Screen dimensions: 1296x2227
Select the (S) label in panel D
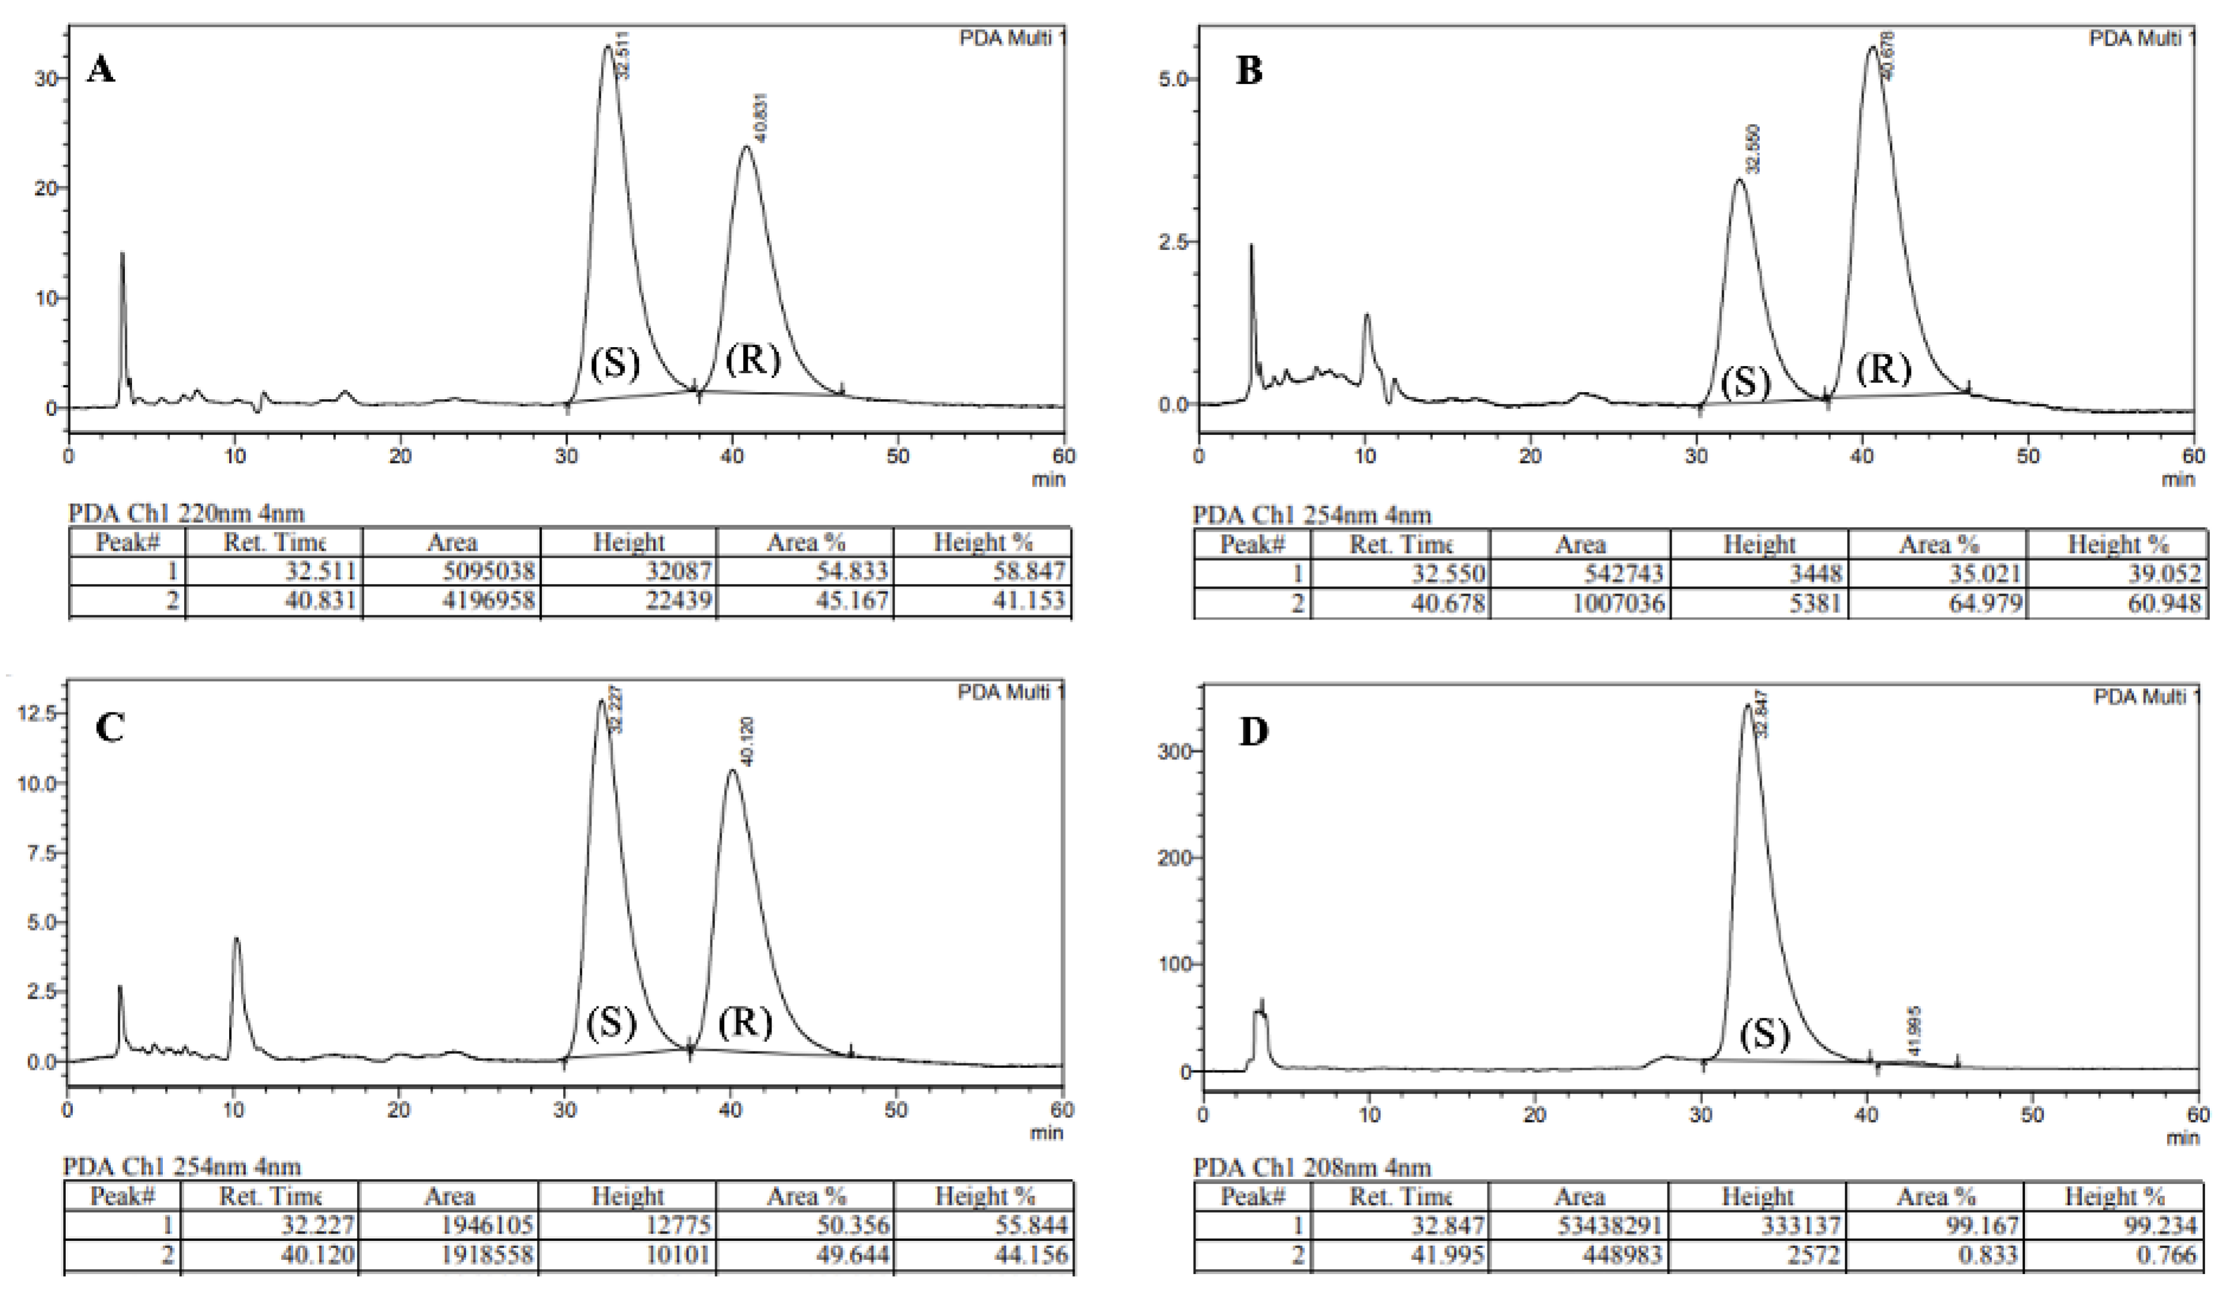point(1765,1032)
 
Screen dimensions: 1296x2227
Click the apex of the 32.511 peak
point(607,47)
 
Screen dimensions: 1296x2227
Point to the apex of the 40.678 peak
point(1872,48)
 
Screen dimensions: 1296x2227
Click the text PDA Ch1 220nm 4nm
point(187,514)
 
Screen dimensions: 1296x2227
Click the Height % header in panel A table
point(983,542)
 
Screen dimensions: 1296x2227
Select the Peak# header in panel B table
point(1252,544)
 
